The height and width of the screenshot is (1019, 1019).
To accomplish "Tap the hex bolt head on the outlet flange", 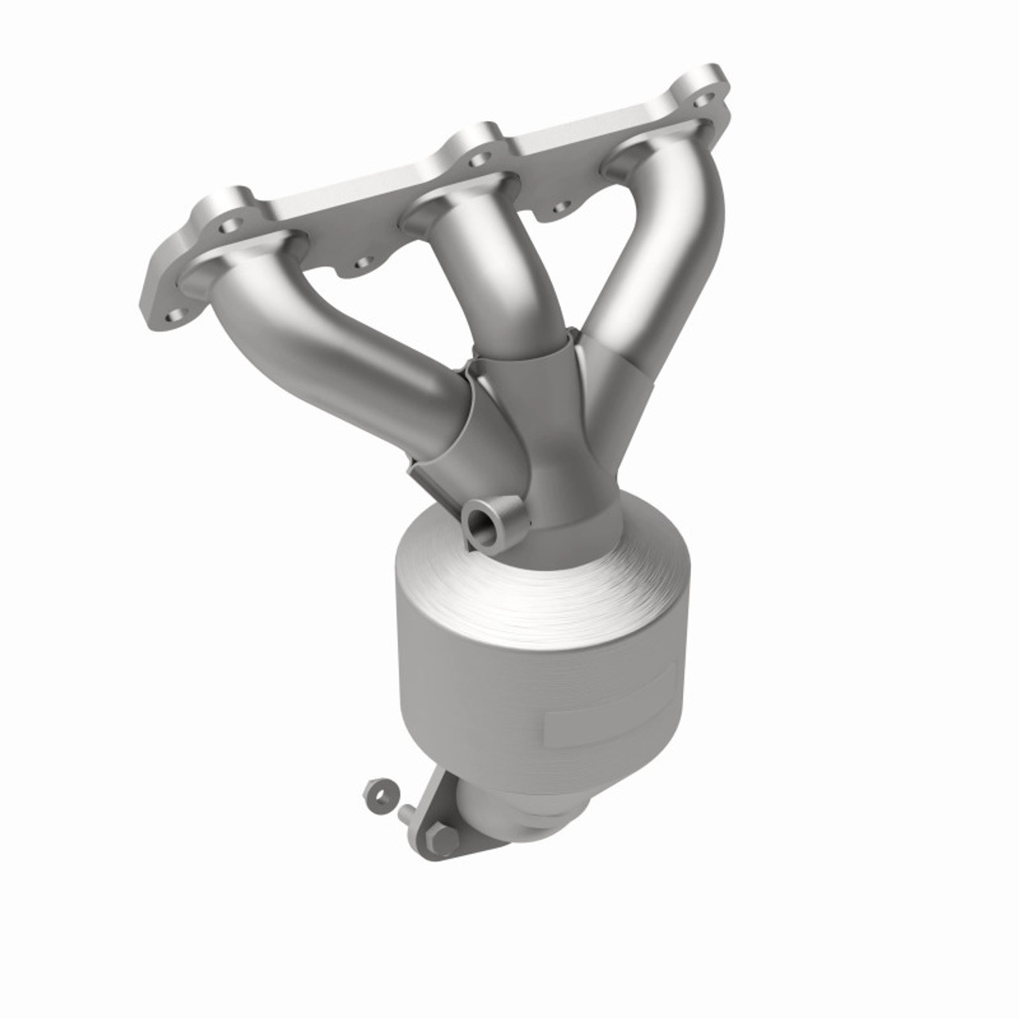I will pos(443,838).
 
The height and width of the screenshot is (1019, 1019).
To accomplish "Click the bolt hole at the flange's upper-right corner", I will pos(702,100).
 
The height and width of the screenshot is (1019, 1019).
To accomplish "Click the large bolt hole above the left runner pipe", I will pos(230,226).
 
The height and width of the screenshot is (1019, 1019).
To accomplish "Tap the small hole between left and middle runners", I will pos(362,262).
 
